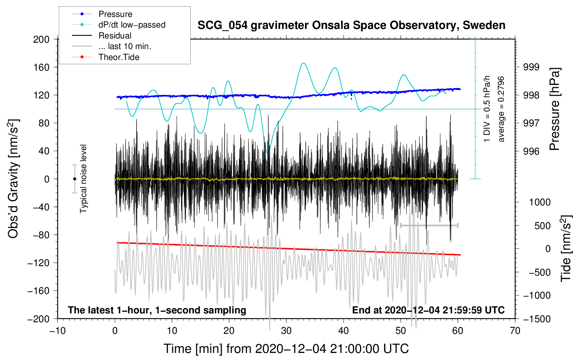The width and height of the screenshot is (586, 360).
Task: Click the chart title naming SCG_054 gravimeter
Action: point(351,25)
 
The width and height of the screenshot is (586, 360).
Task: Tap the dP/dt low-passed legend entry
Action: point(132,25)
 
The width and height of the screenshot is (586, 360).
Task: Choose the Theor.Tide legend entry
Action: point(119,57)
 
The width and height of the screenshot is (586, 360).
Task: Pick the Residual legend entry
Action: point(115,36)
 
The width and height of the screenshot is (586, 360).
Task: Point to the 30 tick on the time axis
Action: point(286,331)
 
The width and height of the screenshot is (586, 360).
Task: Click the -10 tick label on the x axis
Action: point(58,331)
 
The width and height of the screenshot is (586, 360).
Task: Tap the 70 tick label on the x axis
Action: point(515,331)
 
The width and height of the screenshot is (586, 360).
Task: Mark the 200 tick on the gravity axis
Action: point(41,39)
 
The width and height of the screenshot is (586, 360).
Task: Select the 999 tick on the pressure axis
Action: point(531,67)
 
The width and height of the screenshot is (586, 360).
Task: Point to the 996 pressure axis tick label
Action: point(531,151)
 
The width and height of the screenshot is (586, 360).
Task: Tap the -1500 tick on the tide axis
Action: point(537,319)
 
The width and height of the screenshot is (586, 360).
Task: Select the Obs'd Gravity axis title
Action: point(13,179)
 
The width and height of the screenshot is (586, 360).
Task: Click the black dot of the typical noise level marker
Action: point(74,179)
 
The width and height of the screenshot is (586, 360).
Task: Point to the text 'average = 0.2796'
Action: point(501,109)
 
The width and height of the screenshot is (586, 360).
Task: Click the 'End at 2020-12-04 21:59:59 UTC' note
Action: point(428,310)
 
